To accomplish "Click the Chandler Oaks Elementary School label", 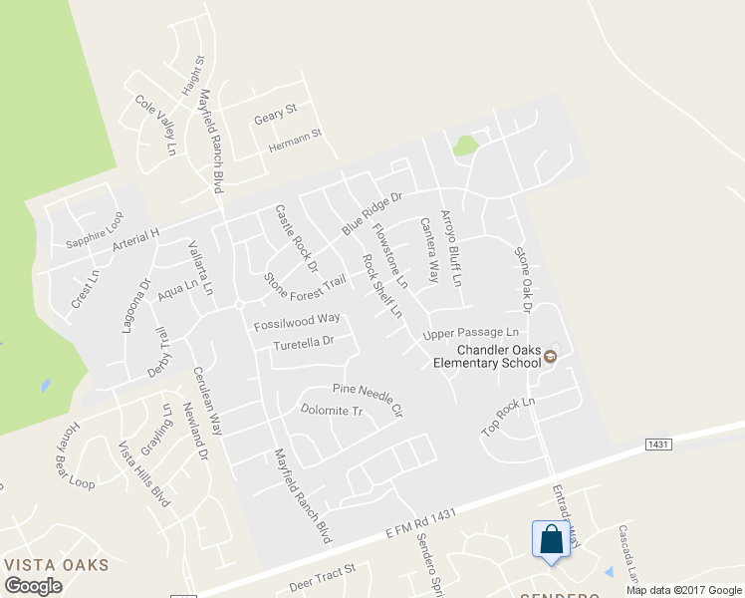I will (x=491, y=356).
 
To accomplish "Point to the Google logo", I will (x=34, y=586).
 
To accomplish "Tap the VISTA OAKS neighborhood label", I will (x=56, y=565).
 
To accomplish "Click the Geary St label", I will (x=275, y=117).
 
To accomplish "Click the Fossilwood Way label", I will (x=297, y=322).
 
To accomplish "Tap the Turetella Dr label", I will (x=302, y=345).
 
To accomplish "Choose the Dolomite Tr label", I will (x=331, y=409).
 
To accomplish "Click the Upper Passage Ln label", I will (x=471, y=333).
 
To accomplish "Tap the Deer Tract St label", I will (x=322, y=577).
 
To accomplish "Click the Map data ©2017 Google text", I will (x=683, y=590).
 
